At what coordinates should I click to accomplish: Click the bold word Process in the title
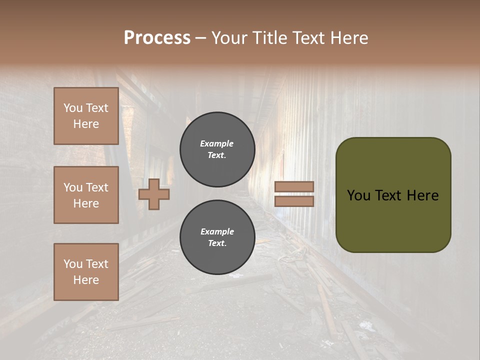tap(157, 38)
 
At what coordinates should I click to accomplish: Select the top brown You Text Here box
tap(86, 116)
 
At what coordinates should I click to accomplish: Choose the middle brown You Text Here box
tap(86, 195)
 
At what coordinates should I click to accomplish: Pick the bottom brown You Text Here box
tap(86, 271)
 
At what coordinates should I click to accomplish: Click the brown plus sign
tap(154, 194)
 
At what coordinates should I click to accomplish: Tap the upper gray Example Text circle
tap(217, 149)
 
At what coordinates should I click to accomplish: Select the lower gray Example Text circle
tap(217, 237)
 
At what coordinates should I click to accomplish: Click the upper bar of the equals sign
tap(294, 187)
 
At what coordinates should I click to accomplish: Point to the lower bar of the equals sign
tap(294, 201)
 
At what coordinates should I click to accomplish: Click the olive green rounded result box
tap(393, 220)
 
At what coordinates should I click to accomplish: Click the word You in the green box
tap(358, 195)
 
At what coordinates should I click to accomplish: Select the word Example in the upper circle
tap(217, 143)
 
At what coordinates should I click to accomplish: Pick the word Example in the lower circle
tap(217, 231)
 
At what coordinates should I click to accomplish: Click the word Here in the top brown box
tap(86, 124)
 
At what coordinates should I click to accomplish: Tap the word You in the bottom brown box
tap(73, 263)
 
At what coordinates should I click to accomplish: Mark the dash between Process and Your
tap(200, 38)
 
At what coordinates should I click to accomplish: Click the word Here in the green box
tap(422, 195)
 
